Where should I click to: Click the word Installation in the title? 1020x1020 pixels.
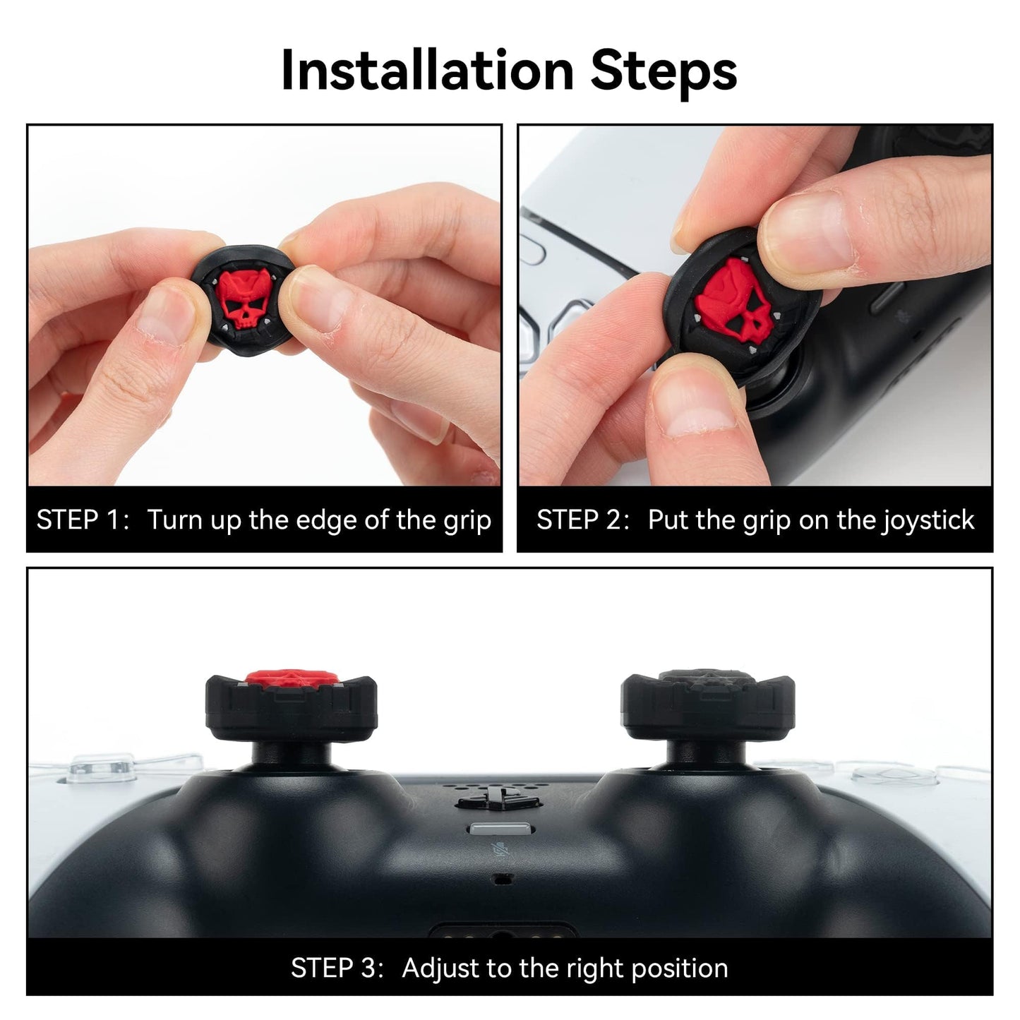point(427,71)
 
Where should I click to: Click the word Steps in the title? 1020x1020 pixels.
point(664,71)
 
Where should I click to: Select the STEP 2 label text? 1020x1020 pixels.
point(582,520)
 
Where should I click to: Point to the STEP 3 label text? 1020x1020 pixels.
point(336,968)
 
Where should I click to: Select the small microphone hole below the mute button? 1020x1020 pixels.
point(502,880)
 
